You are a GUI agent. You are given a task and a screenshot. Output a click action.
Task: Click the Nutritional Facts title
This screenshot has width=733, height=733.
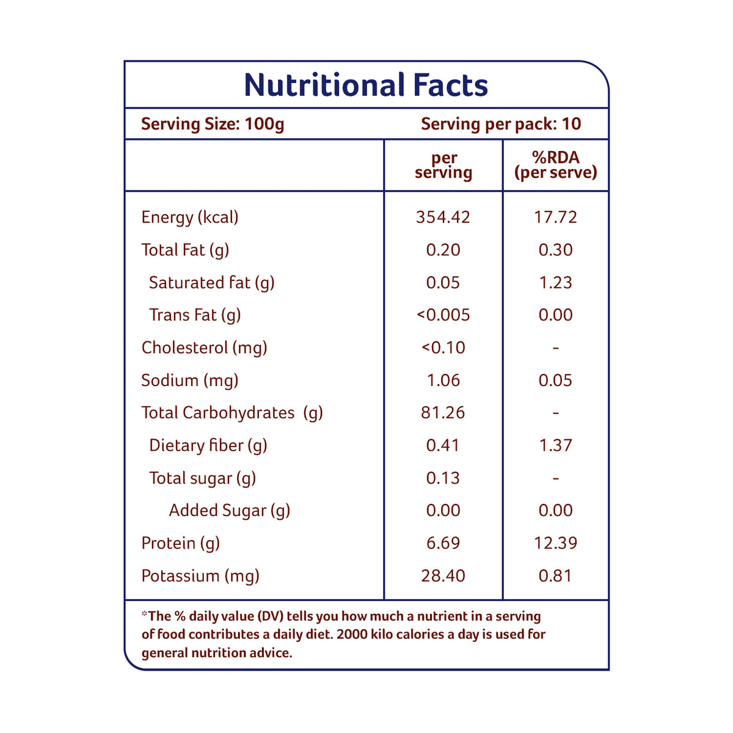coord(366,85)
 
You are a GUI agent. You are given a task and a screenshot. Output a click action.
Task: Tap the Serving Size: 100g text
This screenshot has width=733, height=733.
coord(213,124)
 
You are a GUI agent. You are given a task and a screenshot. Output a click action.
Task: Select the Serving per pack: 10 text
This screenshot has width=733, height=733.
coord(501,124)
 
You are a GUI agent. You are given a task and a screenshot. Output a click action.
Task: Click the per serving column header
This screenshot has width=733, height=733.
coord(443,165)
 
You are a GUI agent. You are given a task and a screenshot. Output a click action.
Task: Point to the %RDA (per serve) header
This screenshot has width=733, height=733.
coord(555,165)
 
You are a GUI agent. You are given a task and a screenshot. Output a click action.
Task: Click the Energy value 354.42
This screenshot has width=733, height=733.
coord(443,217)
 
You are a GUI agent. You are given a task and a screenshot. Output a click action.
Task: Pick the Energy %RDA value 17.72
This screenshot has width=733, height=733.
coord(555,217)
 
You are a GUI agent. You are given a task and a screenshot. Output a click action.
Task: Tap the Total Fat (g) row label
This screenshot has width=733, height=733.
coord(185,250)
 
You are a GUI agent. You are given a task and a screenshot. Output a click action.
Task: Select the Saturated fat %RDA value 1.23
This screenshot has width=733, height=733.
coord(555,282)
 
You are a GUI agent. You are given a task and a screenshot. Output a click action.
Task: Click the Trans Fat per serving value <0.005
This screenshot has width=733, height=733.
coord(443,315)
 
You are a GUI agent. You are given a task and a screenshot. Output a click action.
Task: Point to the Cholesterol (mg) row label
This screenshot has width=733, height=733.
coord(204,348)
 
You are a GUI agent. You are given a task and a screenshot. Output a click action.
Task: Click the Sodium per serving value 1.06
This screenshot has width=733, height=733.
coord(443,380)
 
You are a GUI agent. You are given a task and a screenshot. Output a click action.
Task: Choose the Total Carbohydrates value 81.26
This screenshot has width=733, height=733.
coord(443,413)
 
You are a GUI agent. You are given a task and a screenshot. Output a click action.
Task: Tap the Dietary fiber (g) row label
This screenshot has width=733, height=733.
coord(208,445)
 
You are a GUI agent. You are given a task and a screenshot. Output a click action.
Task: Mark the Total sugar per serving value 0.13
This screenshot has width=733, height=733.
coord(443,478)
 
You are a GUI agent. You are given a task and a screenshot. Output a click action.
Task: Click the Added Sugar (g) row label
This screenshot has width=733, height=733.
coord(229,511)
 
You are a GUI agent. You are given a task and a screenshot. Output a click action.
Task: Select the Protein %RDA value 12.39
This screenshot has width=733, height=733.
coord(555,543)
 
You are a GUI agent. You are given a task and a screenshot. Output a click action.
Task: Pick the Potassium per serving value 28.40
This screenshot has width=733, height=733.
coord(443,575)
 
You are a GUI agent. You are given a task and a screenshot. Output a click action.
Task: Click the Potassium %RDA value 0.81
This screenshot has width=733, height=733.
coord(555,575)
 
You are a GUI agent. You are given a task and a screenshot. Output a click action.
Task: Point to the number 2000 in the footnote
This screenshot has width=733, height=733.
coord(352,634)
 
